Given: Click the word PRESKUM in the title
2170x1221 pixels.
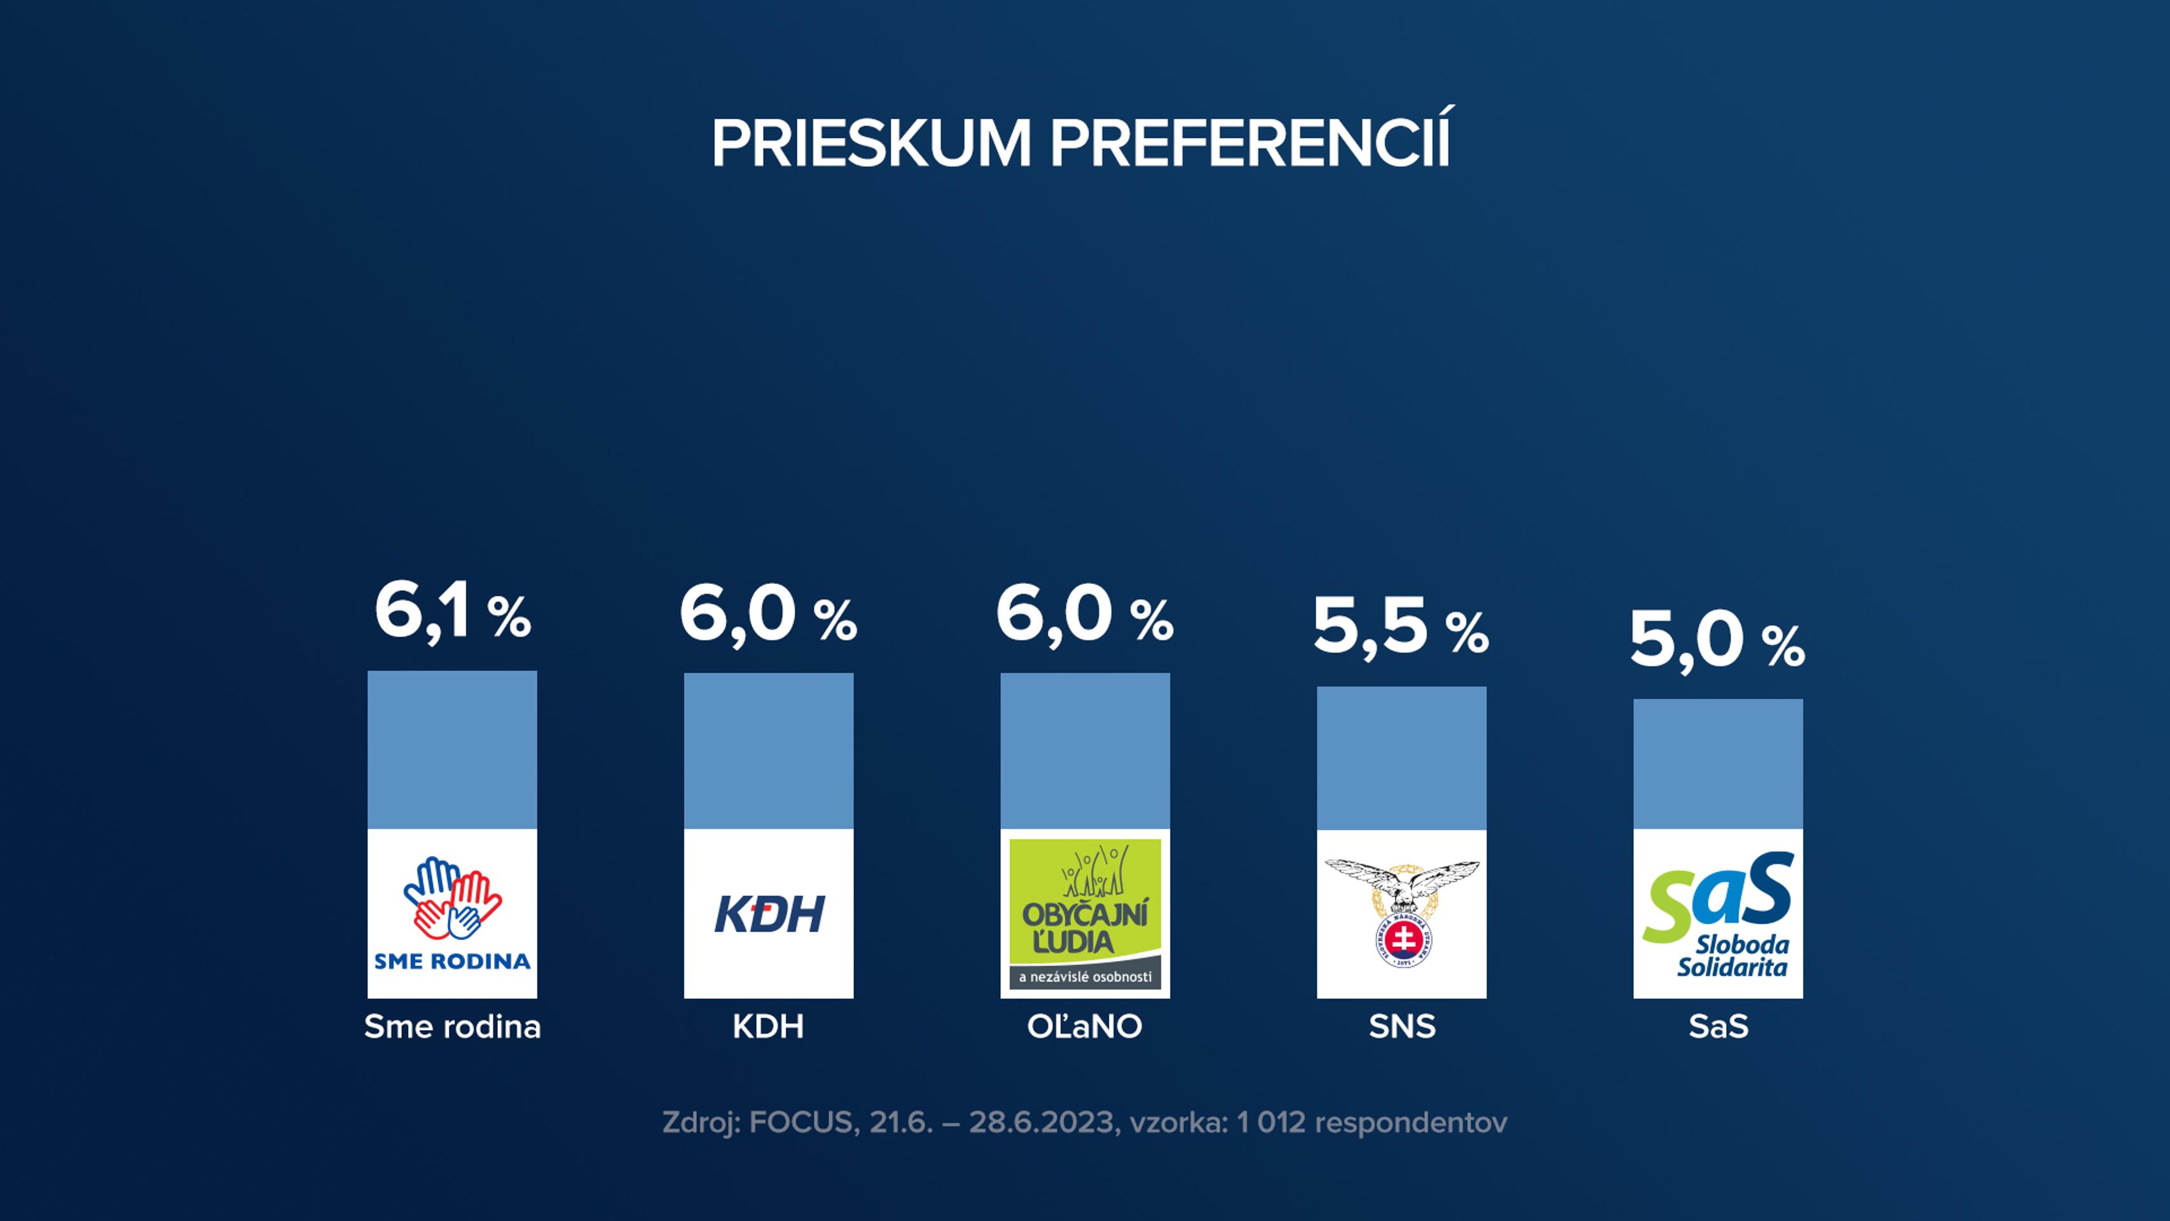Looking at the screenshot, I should tap(871, 143).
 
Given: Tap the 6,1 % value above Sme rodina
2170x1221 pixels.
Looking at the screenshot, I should tap(452, 612).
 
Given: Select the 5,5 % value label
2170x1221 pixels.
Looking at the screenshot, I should tap(1401, 627).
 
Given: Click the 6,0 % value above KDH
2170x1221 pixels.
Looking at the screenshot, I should tap(768, 616).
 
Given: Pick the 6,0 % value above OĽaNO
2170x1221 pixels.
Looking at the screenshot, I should tap(1084, 616).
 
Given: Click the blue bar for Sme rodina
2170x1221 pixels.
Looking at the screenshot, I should tap(452, 750).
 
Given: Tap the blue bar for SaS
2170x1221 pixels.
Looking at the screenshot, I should tap(1718, 763).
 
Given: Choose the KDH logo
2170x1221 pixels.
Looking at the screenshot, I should tap(768, 914).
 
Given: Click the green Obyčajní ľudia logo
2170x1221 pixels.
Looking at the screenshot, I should tap(1085, 913).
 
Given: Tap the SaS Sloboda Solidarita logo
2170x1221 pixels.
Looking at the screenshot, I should tap(1718, 914).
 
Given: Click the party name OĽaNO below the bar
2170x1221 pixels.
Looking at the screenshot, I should tap(1084, 1026).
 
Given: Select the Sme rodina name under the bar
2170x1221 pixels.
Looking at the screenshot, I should tap(452, 1026).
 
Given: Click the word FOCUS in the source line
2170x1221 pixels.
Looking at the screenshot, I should tap(801, 1122).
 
